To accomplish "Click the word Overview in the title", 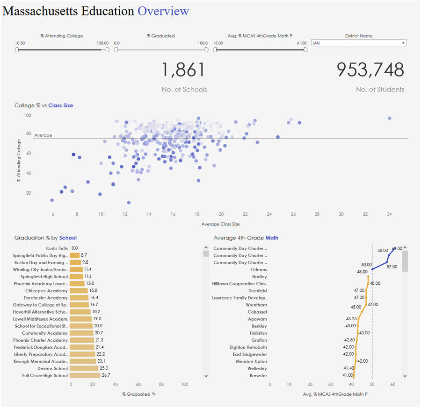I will pos(163,11).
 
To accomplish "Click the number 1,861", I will pos(183,70).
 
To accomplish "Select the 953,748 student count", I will pos(370,70).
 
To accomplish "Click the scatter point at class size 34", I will pos(389,119).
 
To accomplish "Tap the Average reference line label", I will pos(43,135).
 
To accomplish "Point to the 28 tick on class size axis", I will pos(317,214).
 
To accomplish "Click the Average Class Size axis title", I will pos(221,224).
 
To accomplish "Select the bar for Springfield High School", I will pos(76,277).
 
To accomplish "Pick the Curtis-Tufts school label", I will pos(57,248).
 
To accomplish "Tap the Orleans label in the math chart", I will pos(259,269).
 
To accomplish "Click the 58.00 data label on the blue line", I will pos(382,251).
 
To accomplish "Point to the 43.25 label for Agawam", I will pos(351,319).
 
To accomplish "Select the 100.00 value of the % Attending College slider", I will pos(103,43).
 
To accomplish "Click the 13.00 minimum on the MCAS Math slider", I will pos(218,43).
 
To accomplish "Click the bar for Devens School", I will pos(84,368).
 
